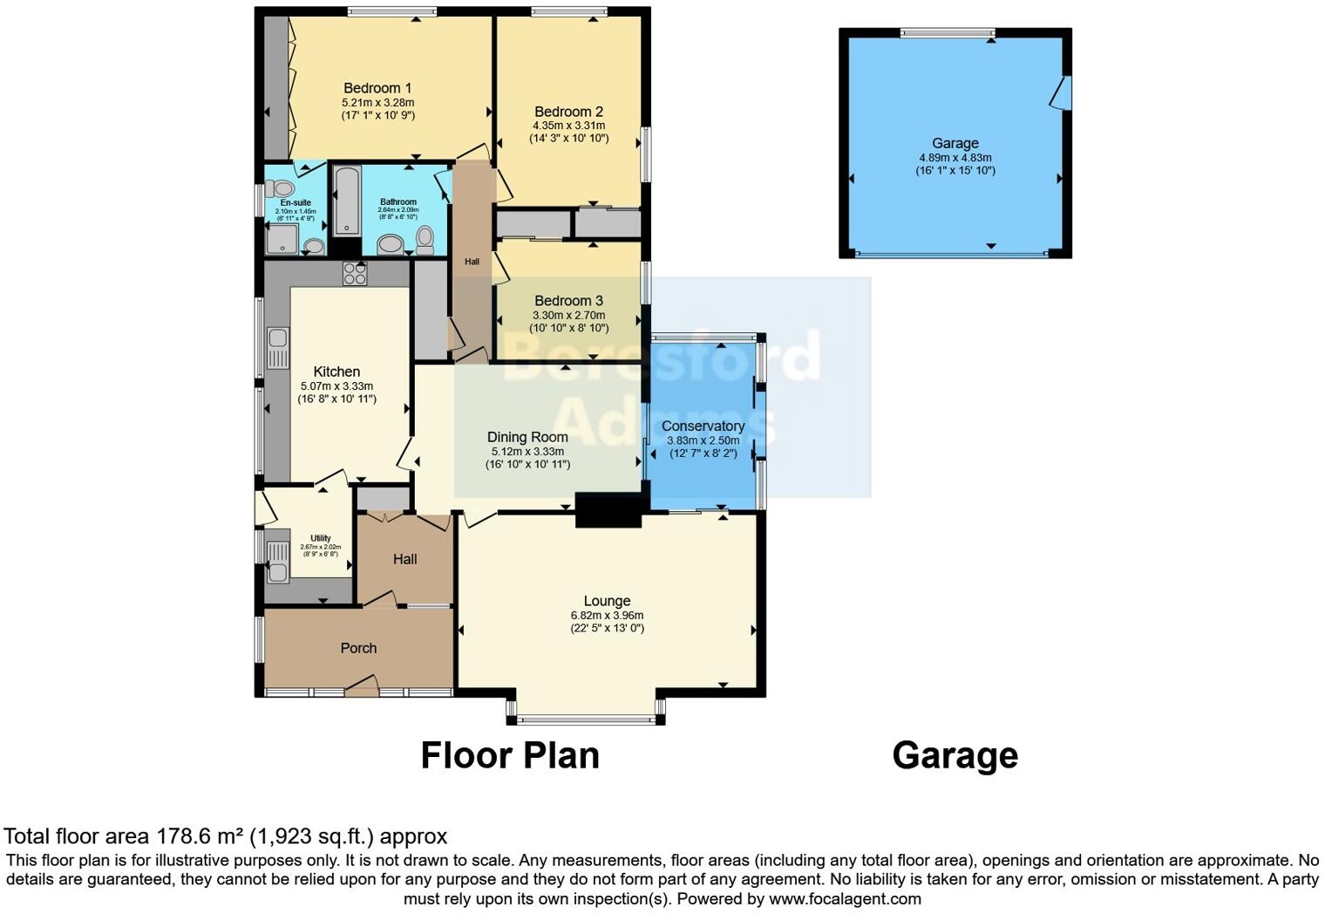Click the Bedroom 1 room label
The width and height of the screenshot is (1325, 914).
(377, 88)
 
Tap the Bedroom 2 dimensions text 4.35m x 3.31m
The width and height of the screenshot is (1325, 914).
(568, 126)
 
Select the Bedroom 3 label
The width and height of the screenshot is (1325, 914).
(568, 301)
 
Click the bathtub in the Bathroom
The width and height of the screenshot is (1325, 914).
(346, 201)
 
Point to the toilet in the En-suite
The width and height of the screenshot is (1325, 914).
(280, 188)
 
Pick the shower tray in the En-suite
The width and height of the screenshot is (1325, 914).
(281, 238)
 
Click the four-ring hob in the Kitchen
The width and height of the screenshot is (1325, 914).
(355, 274)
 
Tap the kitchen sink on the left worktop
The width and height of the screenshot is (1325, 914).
(278, 347)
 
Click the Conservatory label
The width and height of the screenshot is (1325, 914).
(703, 426)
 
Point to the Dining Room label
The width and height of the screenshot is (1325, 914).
(527, 437)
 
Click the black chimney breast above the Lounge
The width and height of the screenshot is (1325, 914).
(608, 510)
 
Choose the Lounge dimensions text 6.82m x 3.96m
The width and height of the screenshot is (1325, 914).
(607, 615)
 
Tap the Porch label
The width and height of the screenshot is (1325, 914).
(358, 648)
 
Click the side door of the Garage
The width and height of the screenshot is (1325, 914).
(1062, 93)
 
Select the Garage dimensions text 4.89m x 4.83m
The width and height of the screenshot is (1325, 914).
(955, 158)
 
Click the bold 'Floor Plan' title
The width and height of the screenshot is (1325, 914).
(510, 755)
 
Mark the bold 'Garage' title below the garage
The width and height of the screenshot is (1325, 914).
(955, 755)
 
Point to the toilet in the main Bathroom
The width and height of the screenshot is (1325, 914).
(425, 237)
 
